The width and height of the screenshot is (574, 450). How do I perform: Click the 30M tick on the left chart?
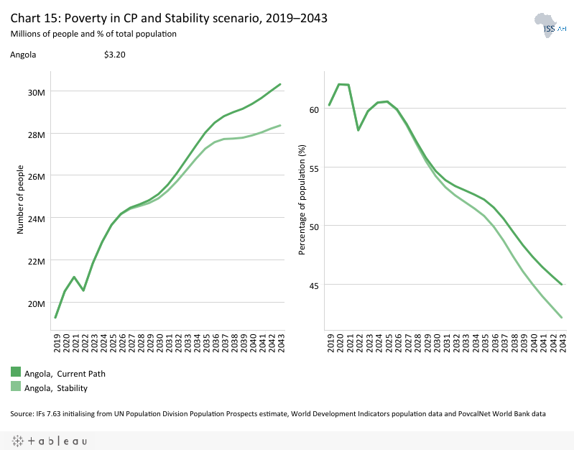tap(37, 92)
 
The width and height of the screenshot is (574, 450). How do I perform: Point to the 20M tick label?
tap(37, 303)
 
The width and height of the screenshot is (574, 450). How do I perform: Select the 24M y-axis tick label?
tap(37, 219)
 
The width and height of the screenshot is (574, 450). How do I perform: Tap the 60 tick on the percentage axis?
tap(313, 109)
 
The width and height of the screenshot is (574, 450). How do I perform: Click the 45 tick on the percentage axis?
tap(313, 285)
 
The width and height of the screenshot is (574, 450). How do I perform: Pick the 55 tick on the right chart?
tap(313, 167)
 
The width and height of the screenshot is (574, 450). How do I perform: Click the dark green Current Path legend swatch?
tap(16, 372)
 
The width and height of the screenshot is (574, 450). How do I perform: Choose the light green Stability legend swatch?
tap(16, 387)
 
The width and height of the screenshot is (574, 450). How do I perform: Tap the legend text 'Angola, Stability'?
tap(56, 388)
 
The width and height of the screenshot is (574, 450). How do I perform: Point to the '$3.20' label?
tap(115, 55)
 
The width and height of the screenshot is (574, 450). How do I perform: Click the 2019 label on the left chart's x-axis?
tap(56, 343)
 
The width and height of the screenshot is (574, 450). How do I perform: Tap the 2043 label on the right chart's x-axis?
tap(562, 343)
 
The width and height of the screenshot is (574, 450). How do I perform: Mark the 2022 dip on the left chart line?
tap(83, 290)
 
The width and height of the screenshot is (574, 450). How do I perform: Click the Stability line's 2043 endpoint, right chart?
tap(562, 318)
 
